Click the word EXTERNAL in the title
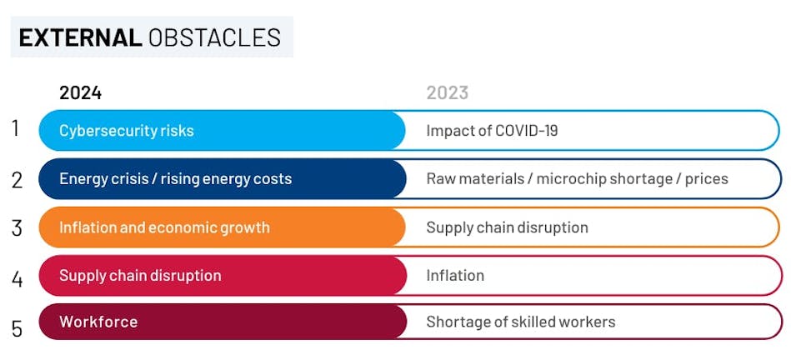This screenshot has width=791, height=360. [x=80, y=37]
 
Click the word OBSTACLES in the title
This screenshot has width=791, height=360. [x=214, y=37]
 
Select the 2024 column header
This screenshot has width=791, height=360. [x=80, y=92]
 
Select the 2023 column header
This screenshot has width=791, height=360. [x=448, y=92]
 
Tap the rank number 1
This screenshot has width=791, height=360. [x=15, y=129]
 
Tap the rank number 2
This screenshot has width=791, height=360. [x=17, y=179]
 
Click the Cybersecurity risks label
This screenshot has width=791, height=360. [x=126, y=131]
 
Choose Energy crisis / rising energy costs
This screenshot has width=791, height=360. [x=175, y=179]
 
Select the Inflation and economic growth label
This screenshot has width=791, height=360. [x=164, y=227]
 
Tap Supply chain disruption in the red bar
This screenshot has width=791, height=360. [x=140, y=276]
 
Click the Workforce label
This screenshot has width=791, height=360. [x=98, y=322]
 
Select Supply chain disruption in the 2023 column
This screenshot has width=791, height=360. [x=507, y=227]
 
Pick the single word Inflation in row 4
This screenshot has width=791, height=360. [x=455, y=276]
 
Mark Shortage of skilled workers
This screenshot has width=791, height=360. [x=520, y=322]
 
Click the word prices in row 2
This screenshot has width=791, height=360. [x=707, y=179]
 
